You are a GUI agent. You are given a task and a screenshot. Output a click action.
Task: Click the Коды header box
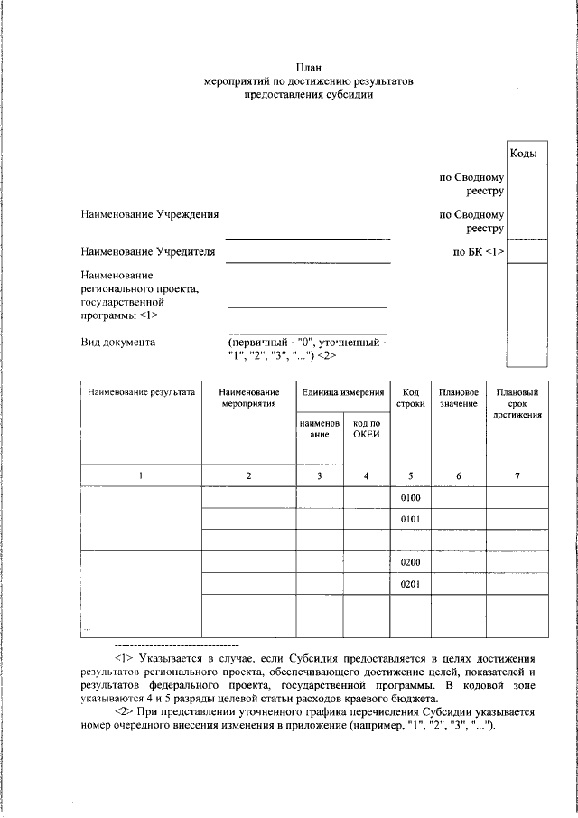(x=525, y=154)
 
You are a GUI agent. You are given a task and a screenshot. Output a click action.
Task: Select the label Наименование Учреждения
(x=149, y=214)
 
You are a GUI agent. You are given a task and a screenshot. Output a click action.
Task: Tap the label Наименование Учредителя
(x=148, y=251)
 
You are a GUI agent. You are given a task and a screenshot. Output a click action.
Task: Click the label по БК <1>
(x=478, y=251)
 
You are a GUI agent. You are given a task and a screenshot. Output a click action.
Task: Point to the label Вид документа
(x=117, y=343)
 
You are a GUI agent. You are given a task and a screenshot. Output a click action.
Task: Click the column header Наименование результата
(x=140, y=393)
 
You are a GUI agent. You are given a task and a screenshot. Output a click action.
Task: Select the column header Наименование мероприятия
(x=248, y=399)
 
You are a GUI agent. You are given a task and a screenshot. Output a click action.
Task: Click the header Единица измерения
(x=343, y=393)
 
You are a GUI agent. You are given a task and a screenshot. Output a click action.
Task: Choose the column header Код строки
(x=411, y=399)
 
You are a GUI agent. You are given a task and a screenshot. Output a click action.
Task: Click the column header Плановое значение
(x=458, y=399)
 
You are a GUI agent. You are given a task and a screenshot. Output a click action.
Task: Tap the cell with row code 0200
(x=411, y=562)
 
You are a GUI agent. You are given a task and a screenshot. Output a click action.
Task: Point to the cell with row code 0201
(x=411, y=584)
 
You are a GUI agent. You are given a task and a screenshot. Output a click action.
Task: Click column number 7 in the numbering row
(x=517, y=476)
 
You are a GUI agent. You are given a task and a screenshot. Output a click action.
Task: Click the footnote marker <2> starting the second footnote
(x=125, y=712)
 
